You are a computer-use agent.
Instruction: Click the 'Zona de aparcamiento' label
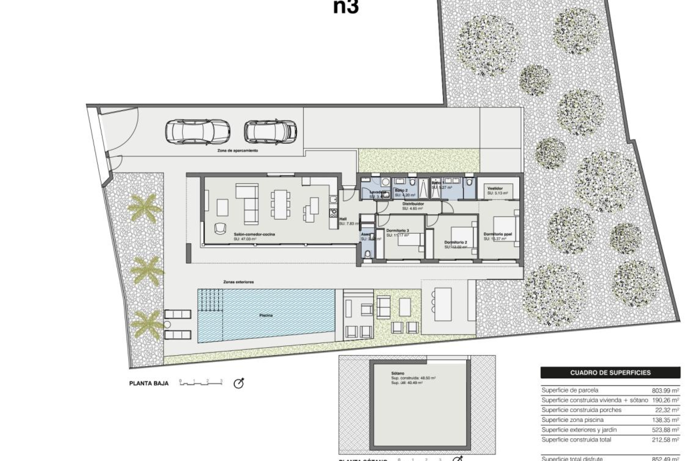[x=238, y=151]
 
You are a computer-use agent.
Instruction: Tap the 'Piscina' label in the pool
[x=266, y=315]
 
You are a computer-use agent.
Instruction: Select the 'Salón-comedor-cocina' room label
[x=254, y=234]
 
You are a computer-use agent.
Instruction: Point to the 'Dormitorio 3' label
[x=397, y=230]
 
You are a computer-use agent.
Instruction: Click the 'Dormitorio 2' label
[x=456, y=242]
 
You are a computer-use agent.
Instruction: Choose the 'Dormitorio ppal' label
[x=498, y=234]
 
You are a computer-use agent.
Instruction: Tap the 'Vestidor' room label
[x=495, y=188]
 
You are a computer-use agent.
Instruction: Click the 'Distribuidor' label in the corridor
[x=413, y=204]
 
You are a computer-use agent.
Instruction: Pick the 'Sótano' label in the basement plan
[x=398, y=373]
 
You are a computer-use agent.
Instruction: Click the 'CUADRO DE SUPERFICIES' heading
[x=610, y=373]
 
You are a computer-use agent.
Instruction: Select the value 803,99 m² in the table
[x=665, y=390]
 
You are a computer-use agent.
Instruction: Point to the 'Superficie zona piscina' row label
[x=572, y=420]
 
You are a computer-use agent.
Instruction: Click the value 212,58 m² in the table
[x=665, y=440]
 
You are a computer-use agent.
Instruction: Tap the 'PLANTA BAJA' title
[x=149, y=384]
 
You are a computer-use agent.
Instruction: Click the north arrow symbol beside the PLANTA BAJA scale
[x=239, y=384]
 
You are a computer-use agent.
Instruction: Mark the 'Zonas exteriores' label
[x=238, y=282]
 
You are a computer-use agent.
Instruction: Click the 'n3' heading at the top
[x=346, y=7]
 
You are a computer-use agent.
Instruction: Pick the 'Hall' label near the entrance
[x=343, y=219]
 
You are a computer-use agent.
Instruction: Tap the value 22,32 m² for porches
[x=667, y=410]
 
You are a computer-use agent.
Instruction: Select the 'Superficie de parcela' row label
[x=570, y=390]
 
